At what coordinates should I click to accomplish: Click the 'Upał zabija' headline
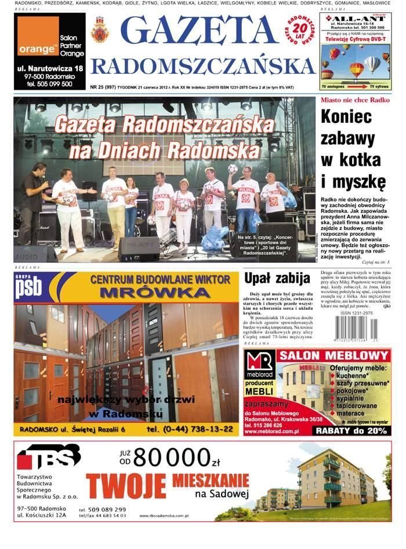coord(277,279)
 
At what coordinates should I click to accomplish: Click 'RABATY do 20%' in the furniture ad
coord(350,430)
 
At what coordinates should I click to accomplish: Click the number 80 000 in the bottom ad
coord(171,457)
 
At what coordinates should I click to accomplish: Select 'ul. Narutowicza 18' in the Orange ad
coord(50,69)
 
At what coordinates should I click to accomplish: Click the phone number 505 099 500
coord(50,84)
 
